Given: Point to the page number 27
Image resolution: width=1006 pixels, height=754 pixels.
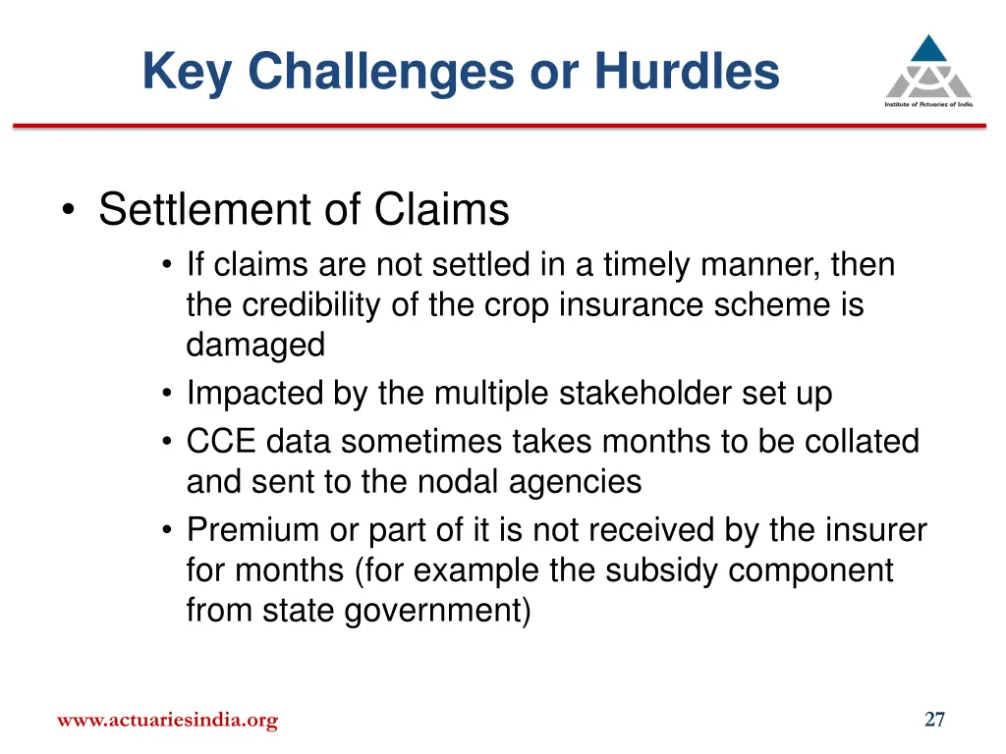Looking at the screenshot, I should tap(934, 720).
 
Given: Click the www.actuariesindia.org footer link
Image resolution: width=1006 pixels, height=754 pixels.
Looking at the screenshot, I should tap(167, 721).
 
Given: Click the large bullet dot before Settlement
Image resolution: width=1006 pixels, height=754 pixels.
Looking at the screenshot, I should tap(69, 211).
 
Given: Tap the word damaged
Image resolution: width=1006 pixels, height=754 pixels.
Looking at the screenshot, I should tap(255, 345).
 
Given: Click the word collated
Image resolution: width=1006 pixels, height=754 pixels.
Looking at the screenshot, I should tap(863, 442).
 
